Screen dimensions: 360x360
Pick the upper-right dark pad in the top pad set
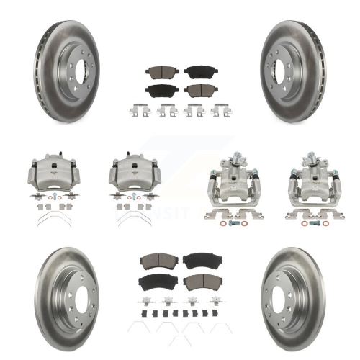tap(194, 72)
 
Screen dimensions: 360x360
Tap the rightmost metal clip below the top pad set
tap(217, 111)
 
